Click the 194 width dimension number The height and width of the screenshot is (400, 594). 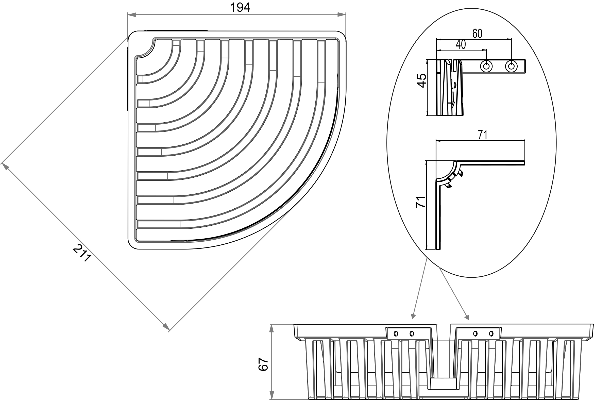click(x=240, y=8)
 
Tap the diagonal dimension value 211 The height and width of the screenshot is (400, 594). click(x=82, y=253)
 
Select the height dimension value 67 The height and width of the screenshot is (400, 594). click(x=263, y=364)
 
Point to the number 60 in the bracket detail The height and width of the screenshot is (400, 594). click(x=477, y=34)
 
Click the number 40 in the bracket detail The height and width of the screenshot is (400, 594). click(x=461, y=45)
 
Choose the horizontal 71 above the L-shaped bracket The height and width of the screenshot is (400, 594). click(x=483, y=135)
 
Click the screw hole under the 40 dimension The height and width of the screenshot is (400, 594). click(x=486, y=66)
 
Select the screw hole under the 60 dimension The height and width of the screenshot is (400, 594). click(x=511, y=66)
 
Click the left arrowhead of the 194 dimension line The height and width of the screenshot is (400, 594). click(x=131, y=15)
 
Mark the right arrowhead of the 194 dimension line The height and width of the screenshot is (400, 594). click(x=342, y=15)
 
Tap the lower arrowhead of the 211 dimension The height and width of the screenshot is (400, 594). click(x=166, y=327)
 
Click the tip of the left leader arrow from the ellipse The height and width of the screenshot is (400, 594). click(x=412, y=318)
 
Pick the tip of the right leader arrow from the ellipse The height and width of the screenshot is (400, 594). click(x=468, y=319)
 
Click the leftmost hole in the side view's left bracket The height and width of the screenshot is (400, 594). click(x=396, y=334)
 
